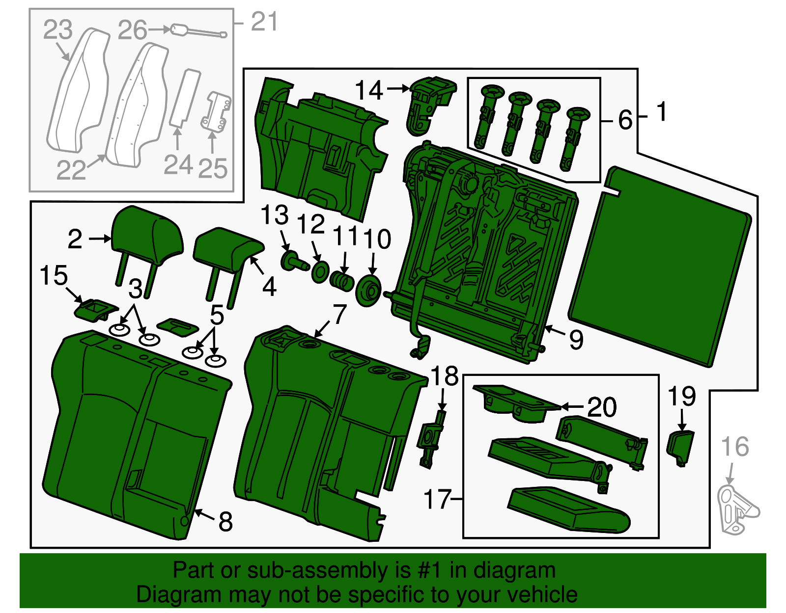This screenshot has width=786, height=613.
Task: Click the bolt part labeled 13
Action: coord(292,261)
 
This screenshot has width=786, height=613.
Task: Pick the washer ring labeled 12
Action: coord(320,272)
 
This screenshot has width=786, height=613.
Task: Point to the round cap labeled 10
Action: coord(368,291)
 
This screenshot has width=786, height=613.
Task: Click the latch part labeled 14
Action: coord(428,103)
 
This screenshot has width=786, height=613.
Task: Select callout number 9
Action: coord(576,339)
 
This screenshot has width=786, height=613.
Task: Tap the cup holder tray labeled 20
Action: coord(513,402)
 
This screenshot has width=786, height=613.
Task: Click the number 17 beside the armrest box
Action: coord(437,499)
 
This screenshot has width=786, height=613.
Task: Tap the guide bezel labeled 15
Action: coord(95,309)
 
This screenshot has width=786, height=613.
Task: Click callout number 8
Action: coord(225,521)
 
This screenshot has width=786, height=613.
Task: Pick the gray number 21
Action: coord(264,22)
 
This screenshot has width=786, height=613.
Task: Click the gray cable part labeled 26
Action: coord(196,31)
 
